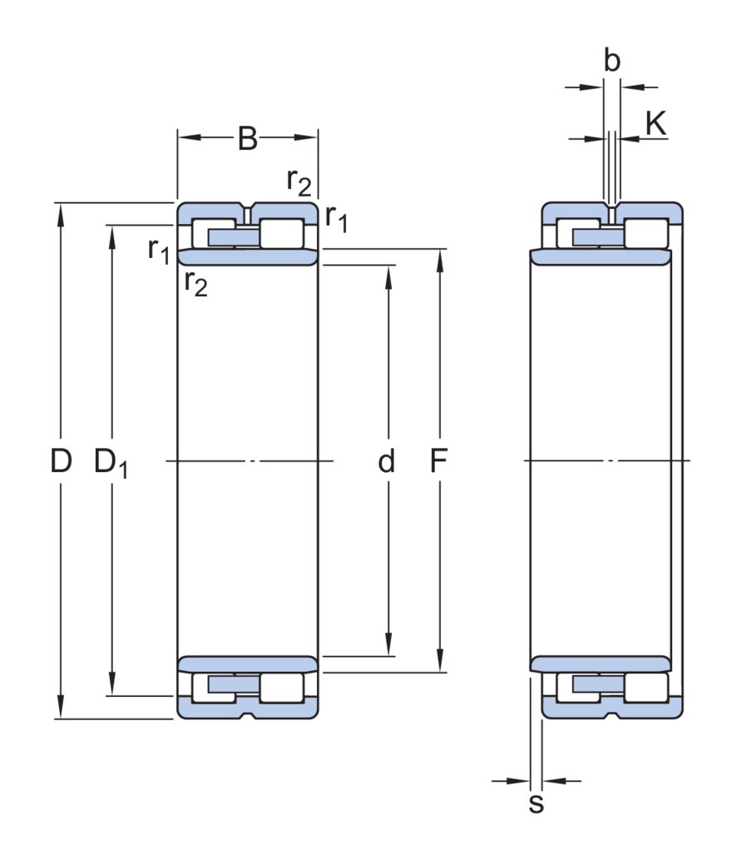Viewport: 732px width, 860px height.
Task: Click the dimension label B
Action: (x=248, y=139)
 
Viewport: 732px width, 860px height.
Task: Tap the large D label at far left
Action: (x=60, y=460)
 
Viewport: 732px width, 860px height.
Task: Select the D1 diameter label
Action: (x=111, y=462)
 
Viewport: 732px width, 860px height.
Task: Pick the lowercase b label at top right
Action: (x=611, y=62)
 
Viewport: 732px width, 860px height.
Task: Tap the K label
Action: (x=655, y=124)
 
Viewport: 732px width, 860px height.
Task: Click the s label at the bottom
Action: (x=537, y=804)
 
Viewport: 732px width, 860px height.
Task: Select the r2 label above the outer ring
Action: (x=299, y=181)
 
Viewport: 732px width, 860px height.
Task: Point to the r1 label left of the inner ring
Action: (x=158, y=249)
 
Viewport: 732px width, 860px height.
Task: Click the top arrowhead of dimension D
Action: (x=60, y=211)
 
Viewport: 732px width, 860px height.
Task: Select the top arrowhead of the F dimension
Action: (x=438, y=256)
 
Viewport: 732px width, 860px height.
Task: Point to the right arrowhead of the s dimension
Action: (x=550, y=781)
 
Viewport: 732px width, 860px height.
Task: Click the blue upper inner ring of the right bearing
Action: (x=600, y=256)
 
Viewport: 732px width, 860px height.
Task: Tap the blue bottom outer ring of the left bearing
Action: (x=247, y=708)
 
